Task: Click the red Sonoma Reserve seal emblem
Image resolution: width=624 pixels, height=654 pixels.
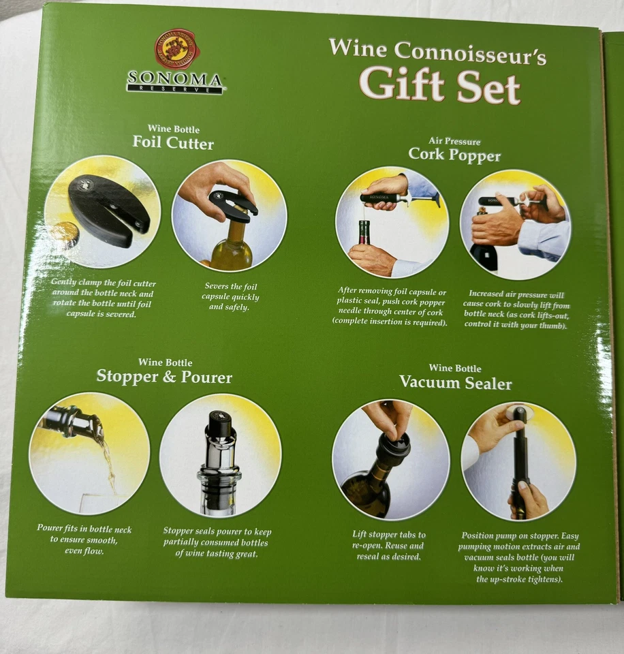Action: pos(176,49)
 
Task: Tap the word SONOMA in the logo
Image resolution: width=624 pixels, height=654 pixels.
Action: pos(176,80)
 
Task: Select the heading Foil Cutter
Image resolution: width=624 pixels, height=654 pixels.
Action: pos(172,143)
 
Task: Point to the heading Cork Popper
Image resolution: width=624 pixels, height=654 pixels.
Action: pos(454,155)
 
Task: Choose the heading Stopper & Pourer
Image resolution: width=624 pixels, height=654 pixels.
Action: pos(164,377)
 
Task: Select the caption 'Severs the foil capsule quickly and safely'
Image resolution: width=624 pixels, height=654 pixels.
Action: pos(232,296)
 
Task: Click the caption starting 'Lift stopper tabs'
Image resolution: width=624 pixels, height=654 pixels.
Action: pos(390,545)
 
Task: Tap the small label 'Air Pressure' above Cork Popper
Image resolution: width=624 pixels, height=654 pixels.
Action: pos(454,141)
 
